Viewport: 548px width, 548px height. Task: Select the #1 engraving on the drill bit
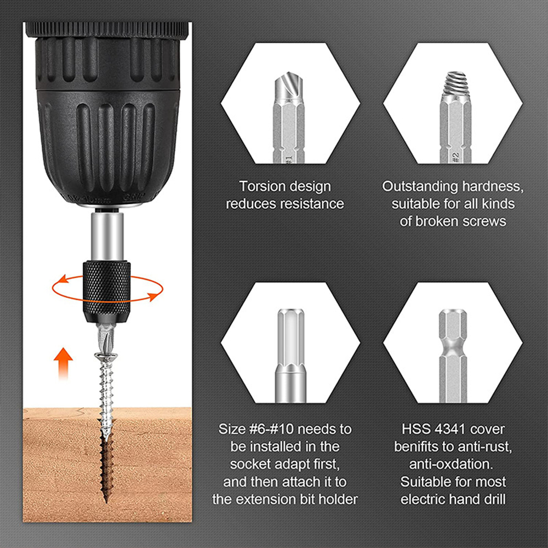[x=289, y=157]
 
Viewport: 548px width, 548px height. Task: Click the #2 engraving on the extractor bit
[x=455, y=156]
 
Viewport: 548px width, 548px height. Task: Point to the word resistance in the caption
[x=312, y=204]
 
